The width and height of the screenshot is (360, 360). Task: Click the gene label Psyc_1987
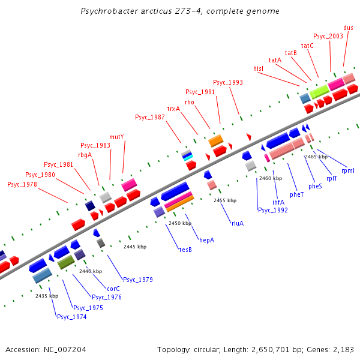click(149, 117)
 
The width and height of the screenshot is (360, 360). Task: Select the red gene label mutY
click(116, 137)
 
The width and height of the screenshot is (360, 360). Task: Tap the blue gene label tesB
click(185, 249)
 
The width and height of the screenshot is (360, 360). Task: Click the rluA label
click(238, 223)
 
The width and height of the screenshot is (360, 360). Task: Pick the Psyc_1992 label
click(272, 210)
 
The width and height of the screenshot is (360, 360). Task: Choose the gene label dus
click(348, 28)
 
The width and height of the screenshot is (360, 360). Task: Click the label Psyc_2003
click(328, 36)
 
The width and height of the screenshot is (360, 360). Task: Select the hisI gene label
click(259, 68)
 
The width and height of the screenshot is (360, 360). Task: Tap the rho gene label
click(190, 102)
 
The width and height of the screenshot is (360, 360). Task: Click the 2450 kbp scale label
click(179, 223)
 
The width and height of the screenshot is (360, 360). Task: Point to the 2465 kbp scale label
click(316, 157)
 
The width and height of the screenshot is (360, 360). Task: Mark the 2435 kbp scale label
click(47, 296)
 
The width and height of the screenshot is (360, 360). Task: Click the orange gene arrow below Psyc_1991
click(215, 141)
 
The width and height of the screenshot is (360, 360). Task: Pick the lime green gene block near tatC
click(319, 91)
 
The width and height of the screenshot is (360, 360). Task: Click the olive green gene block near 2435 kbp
click(65, 262)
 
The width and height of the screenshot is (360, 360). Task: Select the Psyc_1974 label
click(71, 317)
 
